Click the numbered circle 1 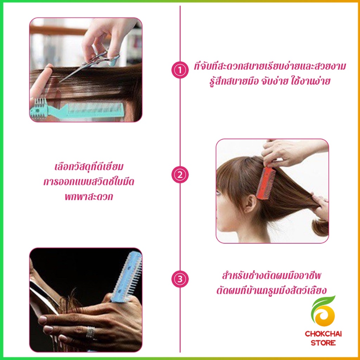(180, 71)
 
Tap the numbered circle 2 (180, 175)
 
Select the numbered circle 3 (180, 279)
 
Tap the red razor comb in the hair (266, 182)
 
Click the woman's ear (250, 203)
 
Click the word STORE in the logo (323, 343)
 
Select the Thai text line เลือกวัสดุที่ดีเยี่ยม (89, 167)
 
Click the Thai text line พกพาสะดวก (89, 197)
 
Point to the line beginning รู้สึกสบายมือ (270, 81)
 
